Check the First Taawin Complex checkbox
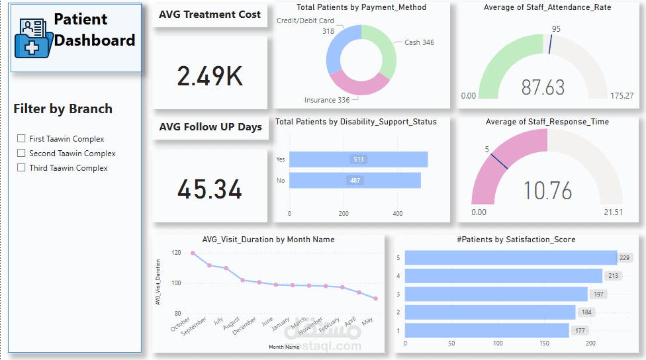click(22, 139)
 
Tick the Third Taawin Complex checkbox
click(22, 168)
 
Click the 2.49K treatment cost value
click(210, 77)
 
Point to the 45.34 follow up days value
click(210, 190)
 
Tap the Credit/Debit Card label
click(305, 21)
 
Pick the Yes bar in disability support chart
click(358, 159)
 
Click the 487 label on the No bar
click(355, 180)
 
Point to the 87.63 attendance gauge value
click(543, 87)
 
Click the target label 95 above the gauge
click(556, 29)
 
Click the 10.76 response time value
click(547, 191)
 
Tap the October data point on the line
click(193, 253)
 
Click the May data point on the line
click(375, 298)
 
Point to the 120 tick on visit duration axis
click(175, 253)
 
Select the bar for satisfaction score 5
click(510, 258)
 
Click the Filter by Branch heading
click(63, 109)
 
